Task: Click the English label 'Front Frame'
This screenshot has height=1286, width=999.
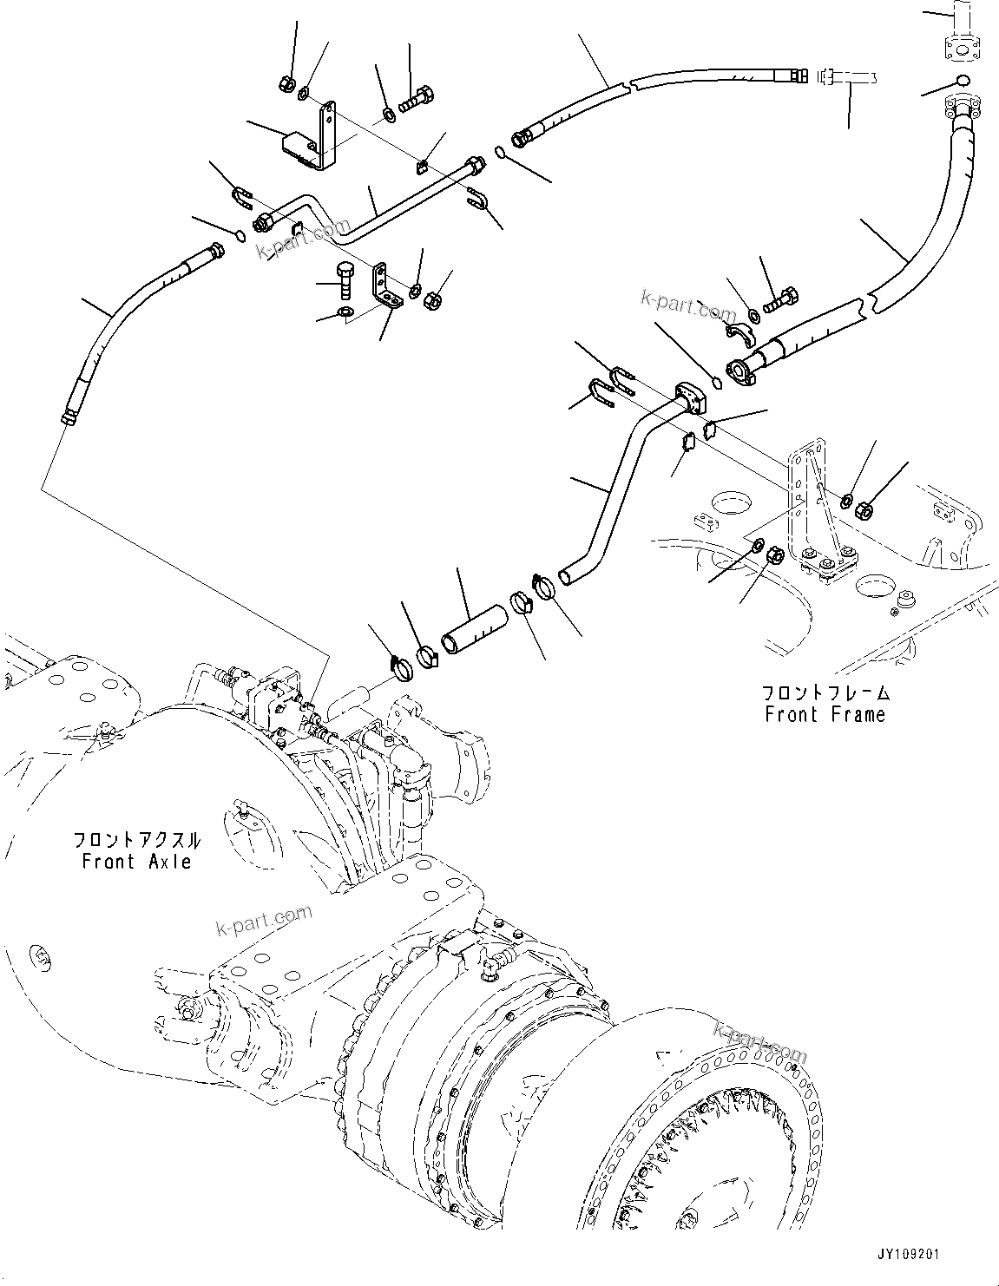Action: pos(825,715)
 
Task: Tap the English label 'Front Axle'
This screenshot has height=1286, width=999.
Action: pos(136,862)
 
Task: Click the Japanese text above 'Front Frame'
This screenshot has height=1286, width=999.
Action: pos(825,692)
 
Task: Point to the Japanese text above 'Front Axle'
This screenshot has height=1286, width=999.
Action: pos(137,840)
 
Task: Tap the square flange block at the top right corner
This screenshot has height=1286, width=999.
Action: pos(959,48)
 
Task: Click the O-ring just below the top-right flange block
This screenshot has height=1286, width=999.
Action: pos(960,82)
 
